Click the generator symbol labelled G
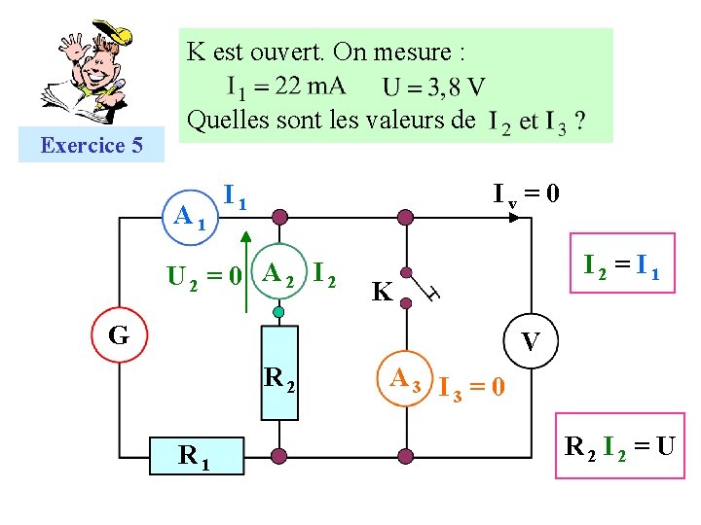pyautogui.click(x=119, y=335)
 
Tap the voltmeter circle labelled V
pyautogui.click(x=531, y=342)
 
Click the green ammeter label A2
pyautogui.click(x=280, y=275)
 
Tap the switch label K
pyautogui.click(x=383, y=292)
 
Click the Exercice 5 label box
pyautogui.click(x=92, y=146)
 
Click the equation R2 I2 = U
pyautogui.click(x=620, y=447)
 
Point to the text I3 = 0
pyautogui.click(x=471, y=388)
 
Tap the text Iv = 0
pyautogui.click(x=525, y=194)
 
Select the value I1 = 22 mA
pyautogui.click(x=285, y=87)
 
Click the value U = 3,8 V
pyautogui.click(x=433, y=87)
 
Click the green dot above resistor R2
pyautogui.click(x=279, y=312)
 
